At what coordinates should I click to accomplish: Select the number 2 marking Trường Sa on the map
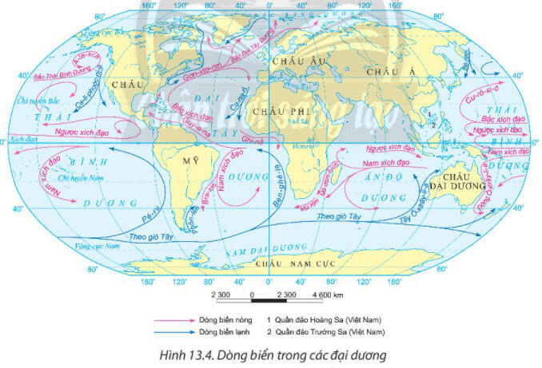pos(432,125)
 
